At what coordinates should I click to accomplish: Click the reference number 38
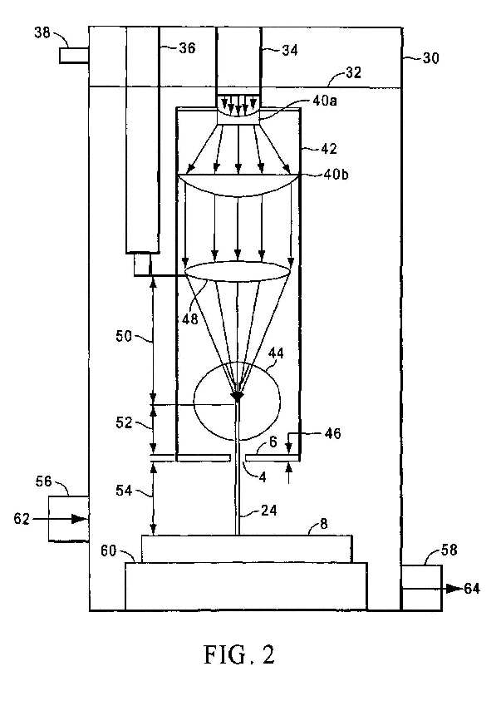[x=42, y=32]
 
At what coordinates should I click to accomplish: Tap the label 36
[x=187, y=48]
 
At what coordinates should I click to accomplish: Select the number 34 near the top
[x=290, y=50]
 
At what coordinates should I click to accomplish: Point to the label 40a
[x=325, y=101]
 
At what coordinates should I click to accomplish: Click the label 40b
[x=336, y=174]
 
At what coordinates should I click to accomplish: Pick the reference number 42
[x=329, y=148]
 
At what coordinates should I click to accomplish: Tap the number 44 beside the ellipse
[x=276, y=353]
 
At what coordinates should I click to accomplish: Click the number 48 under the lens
[x=190, y=318]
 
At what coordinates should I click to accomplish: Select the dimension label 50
[x=124, y=336]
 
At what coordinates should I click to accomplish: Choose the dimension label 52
[x=124, y=422]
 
